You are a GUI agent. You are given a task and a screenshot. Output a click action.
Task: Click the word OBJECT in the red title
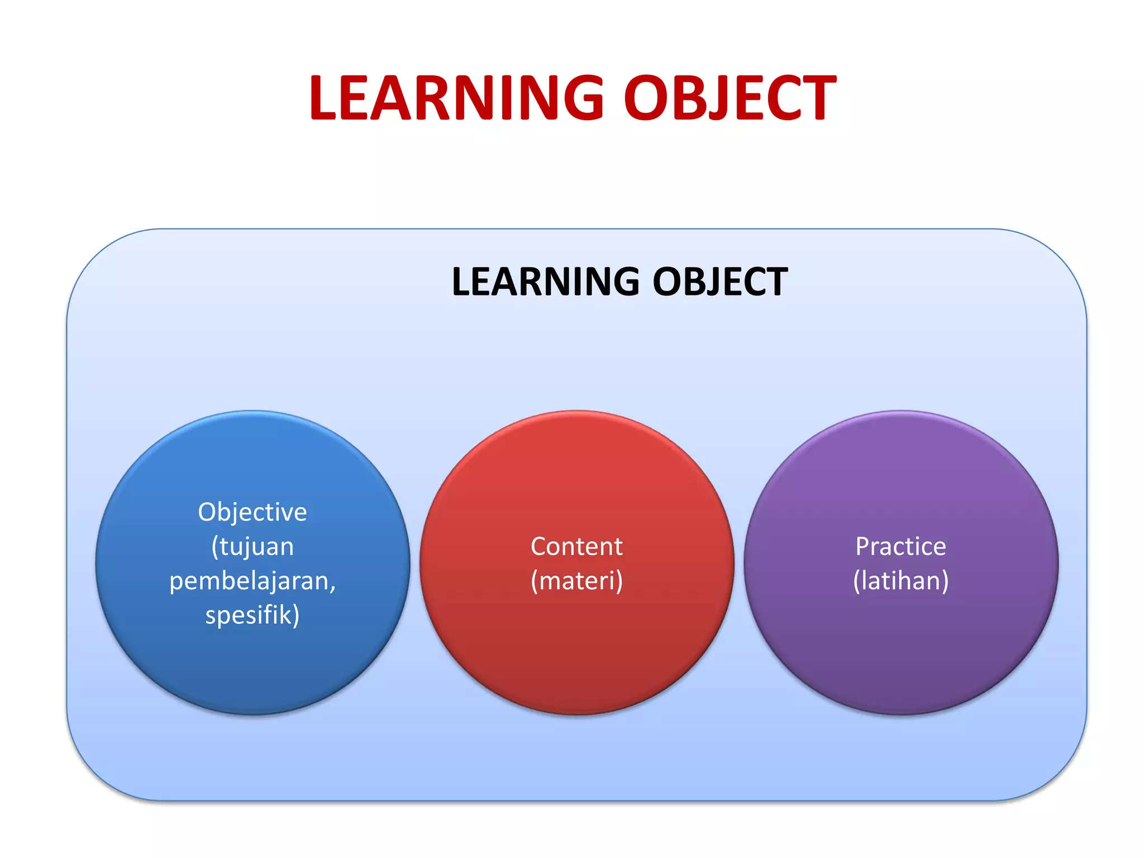coord(730,98)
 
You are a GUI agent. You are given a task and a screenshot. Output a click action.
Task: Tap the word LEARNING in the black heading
coord(545,282)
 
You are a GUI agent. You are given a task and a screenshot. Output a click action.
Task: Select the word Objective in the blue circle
coord(252,512)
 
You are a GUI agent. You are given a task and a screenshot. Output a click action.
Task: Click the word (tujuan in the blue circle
coord(252,547)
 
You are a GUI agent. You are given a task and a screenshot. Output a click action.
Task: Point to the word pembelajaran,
coord(252,581)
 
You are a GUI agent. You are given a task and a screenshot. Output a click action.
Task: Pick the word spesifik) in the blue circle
coord(252,615)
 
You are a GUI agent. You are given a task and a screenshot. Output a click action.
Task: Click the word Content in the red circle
coord(576,546)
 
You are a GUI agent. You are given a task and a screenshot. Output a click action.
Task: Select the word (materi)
coord(576,581)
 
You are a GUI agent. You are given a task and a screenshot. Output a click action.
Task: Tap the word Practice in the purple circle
coord(900,546)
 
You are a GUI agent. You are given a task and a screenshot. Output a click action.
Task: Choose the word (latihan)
coord(900,581)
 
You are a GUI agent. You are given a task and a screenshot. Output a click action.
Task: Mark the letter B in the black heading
coord(690,282)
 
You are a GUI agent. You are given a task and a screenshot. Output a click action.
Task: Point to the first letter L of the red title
coord(324,98)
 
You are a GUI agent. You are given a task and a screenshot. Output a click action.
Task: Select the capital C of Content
coord(540,546)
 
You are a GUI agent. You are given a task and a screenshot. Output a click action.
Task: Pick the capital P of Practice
coord(864,546)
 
